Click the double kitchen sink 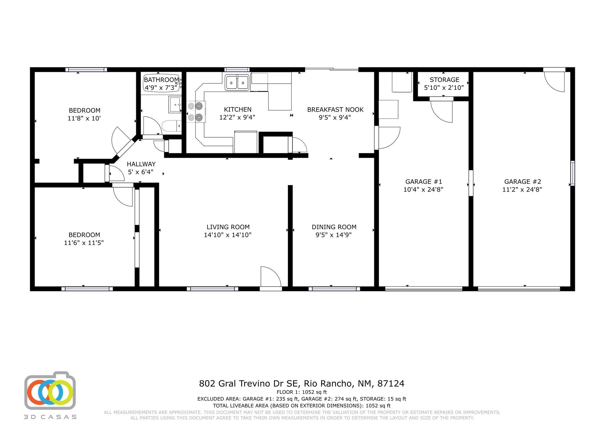(237, 82)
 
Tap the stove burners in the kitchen (196, 112)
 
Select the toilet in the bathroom (172, 126)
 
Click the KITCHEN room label (238, 110)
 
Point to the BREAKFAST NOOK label (335, 110)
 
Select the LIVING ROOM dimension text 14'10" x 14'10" (227, 235)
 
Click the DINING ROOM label (334, 227)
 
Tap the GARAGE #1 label (424, 182)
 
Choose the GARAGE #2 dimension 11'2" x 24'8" (522, 190)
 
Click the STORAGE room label (444, 80)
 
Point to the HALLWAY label (141, 164)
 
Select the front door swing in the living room (271, 276)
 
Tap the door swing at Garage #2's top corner (554, 82)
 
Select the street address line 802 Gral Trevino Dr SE (250, 383)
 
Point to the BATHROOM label (161, 80)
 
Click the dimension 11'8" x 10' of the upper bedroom (84, 118)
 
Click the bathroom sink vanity (175, 104)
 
